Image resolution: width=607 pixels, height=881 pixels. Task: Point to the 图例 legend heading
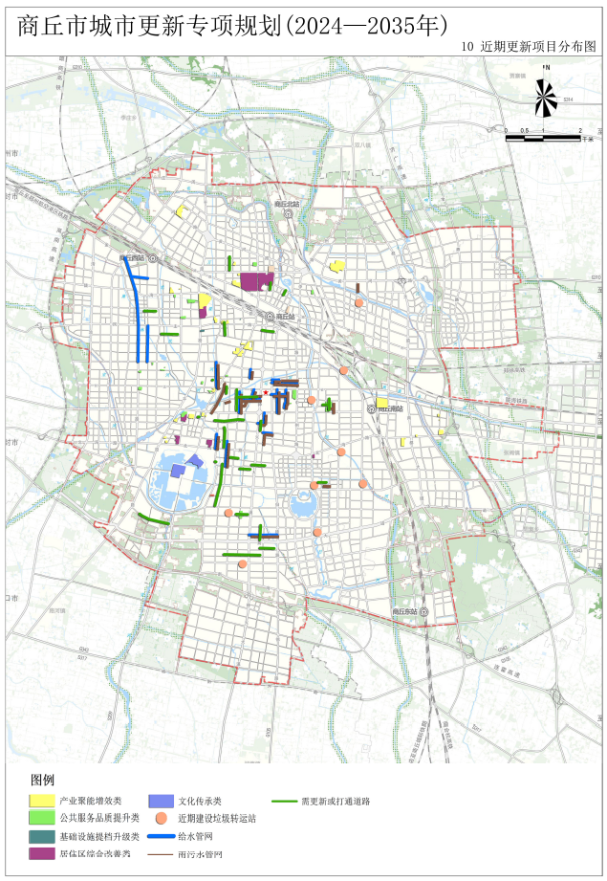(43, 781)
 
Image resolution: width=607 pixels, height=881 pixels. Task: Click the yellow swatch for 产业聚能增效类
(41, 800)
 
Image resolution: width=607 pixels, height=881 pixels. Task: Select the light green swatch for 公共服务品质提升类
(41, 818)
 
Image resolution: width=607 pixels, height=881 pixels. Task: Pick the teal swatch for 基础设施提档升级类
(41, 836)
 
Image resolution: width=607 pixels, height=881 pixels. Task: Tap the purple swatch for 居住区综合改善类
(41, 853)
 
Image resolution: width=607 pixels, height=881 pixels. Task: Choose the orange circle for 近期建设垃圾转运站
(162, 819)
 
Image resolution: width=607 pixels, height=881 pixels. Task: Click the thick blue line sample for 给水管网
(162, 836)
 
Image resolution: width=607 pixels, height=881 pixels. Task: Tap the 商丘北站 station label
(286, 204)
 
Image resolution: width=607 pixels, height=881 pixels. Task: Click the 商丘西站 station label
(132, 258)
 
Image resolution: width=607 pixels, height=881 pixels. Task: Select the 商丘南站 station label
(389, 407)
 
